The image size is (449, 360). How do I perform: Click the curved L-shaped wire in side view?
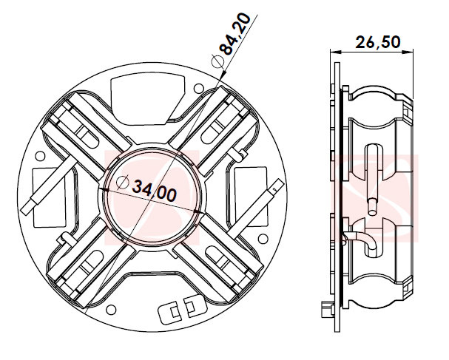[x=359, y=237]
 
